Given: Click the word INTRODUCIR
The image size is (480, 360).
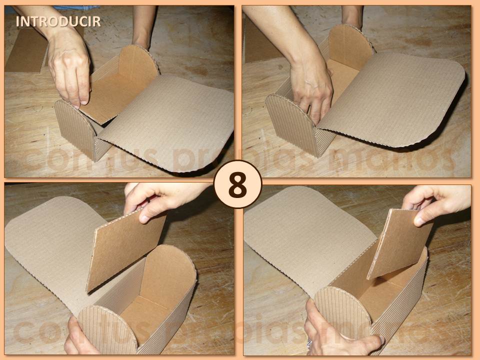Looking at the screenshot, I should pyautogui.click(x=58, y=21).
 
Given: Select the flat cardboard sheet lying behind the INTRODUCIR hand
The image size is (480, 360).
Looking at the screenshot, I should pyautogui.click(x=25, y=50).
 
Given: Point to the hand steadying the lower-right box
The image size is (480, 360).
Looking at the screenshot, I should pyautogui.click(x=340, y=340).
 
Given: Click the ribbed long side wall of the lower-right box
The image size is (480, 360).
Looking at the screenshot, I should pyautogui.click(x=405, y=310).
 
